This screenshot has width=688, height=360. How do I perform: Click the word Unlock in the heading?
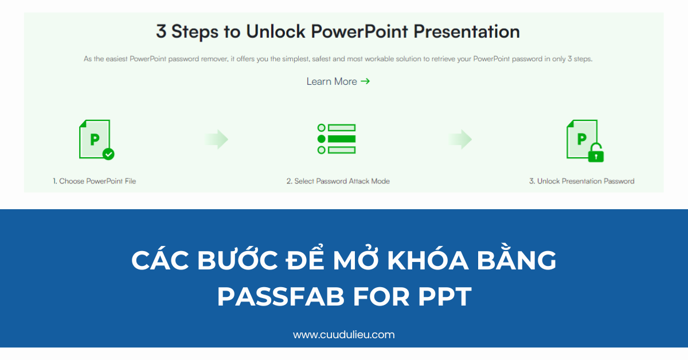277,31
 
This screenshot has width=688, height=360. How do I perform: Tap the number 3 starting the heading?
161,31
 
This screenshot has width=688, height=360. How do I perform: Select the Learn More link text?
331,81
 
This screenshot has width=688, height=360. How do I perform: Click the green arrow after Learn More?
365,81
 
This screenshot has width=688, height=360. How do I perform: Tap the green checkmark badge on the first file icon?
108,154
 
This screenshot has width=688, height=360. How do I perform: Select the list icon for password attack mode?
337,139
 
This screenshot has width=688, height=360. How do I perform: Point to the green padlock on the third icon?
596,153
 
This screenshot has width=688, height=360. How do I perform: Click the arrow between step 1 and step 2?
217,139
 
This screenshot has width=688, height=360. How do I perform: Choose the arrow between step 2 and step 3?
460,139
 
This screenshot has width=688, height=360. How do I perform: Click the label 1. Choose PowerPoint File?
95,181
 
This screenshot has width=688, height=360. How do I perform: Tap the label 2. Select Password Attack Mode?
338,181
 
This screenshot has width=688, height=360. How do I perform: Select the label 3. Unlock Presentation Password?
581,181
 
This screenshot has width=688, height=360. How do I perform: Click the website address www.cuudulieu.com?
343,335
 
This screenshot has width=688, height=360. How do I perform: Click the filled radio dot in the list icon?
322,139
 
